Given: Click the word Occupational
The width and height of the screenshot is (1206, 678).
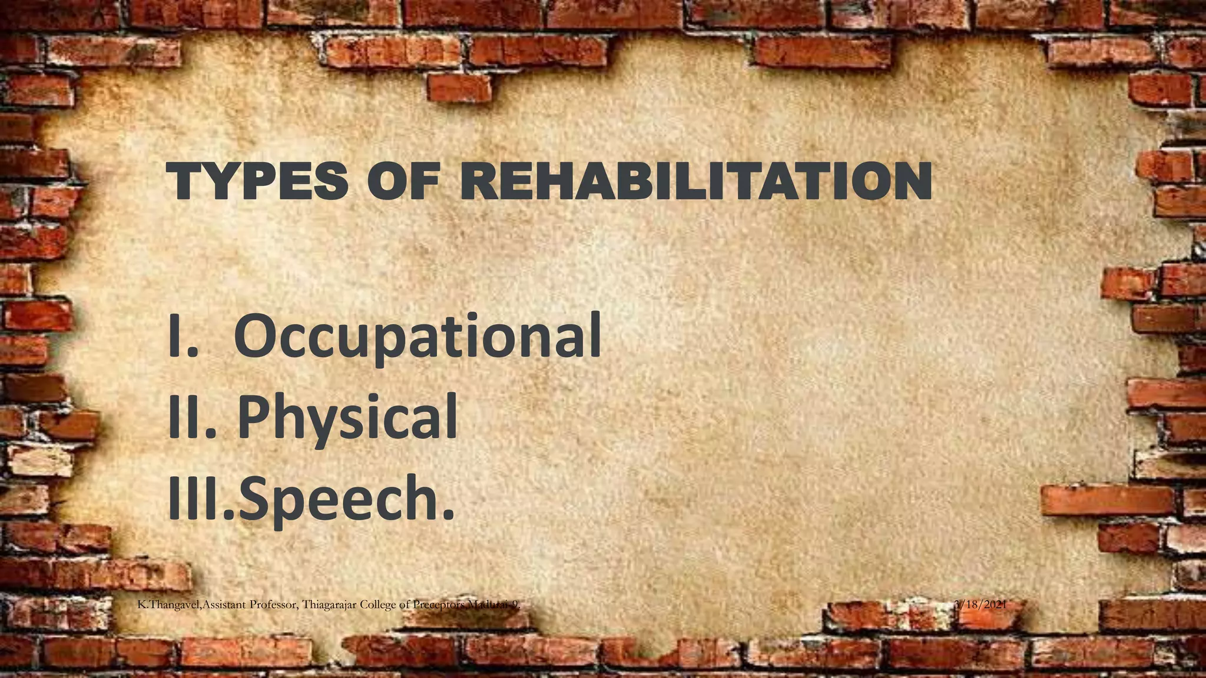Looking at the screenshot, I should point(418,337).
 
